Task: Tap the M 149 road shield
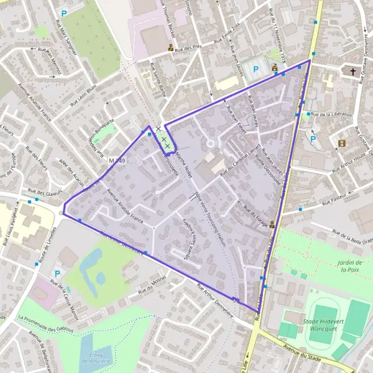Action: click(116, 160)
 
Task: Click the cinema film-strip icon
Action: click(341, 144)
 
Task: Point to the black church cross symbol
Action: click(354, 71)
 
